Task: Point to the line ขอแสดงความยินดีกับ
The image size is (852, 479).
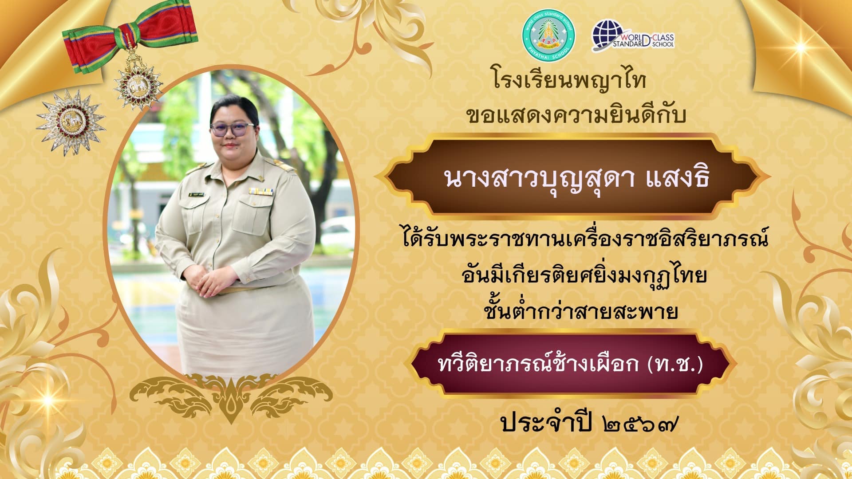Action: click(x=576, y=115)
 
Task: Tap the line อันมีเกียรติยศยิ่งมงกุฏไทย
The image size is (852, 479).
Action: click(x=584, y=275)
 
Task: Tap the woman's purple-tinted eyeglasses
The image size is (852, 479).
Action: click(x=232, y=129)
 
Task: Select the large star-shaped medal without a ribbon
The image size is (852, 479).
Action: click(x=71, y=122)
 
